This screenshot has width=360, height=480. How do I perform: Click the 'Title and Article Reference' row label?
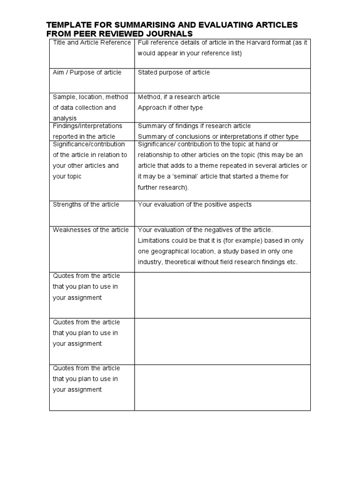coord(92,43)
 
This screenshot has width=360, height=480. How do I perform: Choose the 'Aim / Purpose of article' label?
coord(87,72)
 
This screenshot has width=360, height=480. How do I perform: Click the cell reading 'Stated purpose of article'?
coord(173,72)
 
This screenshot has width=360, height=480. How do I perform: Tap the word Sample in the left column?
coord(64,97)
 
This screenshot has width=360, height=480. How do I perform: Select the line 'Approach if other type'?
coord(170,107)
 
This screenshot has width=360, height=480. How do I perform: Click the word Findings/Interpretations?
coord(87,126)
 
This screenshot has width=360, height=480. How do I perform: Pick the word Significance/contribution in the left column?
coord(89,144)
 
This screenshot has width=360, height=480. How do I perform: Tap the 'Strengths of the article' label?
coord(86,204)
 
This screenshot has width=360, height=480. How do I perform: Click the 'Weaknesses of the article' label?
coord(90,230)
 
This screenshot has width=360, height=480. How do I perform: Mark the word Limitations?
coord(155,240)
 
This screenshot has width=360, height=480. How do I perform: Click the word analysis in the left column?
coord(65,118)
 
